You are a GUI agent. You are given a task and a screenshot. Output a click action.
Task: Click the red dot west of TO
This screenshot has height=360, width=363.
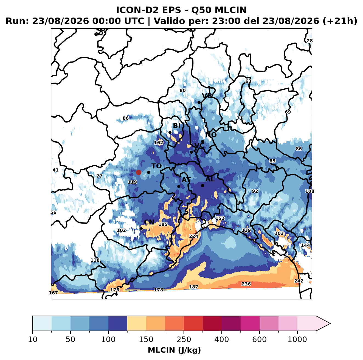139,172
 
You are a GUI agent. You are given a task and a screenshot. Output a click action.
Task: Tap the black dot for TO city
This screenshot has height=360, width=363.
148,172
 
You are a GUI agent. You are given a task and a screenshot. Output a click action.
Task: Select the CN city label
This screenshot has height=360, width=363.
149,222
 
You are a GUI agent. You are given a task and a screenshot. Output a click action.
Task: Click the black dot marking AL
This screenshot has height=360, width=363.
202,185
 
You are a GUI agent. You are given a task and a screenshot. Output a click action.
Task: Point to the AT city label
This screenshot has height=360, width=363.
186,180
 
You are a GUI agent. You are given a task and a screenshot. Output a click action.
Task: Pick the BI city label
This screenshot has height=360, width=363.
176,126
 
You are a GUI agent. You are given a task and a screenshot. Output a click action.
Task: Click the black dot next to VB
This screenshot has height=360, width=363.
199,102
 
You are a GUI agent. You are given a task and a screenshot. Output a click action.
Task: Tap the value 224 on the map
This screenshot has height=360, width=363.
194,236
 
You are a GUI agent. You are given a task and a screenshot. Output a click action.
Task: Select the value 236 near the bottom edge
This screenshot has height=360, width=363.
246,284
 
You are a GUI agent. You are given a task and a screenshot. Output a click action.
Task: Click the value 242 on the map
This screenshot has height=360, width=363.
299,281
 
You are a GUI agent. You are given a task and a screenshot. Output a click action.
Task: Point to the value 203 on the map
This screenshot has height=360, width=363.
279,233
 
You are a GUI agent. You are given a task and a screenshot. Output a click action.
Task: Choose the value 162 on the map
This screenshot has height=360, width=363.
158,143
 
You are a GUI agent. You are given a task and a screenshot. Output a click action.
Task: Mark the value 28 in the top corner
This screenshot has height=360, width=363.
310,41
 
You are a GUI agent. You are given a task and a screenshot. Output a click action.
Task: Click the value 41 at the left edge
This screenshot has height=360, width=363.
55,170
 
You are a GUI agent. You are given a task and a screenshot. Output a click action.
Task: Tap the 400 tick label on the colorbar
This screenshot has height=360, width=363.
221,339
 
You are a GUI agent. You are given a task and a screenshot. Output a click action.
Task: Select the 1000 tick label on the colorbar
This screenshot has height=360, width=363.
297,339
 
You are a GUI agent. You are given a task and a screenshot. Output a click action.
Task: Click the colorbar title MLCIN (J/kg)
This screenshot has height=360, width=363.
175,350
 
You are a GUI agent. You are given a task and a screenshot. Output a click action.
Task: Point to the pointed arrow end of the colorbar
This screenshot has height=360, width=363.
330,324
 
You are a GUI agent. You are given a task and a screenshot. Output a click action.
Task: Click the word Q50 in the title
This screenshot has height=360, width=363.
201,10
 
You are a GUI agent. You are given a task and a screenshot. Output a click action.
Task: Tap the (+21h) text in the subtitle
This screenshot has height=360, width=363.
340,21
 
